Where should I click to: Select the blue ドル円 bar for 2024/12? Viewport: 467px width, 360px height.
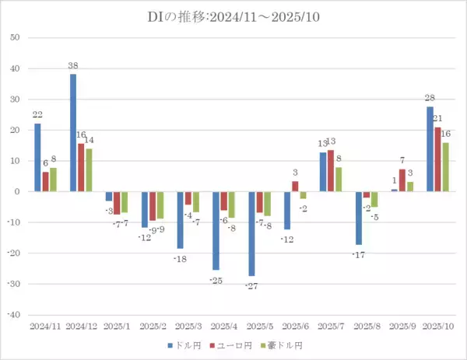click(73, 132)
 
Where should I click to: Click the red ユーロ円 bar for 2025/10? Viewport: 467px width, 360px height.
click(438, 159)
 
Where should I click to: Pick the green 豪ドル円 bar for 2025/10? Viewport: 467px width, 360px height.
click(446, 167)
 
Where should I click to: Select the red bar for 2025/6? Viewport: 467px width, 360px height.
click(295, 187)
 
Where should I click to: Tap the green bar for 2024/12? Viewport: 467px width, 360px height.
click(90, 170)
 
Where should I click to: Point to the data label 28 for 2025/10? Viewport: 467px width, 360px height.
click(430, 97)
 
